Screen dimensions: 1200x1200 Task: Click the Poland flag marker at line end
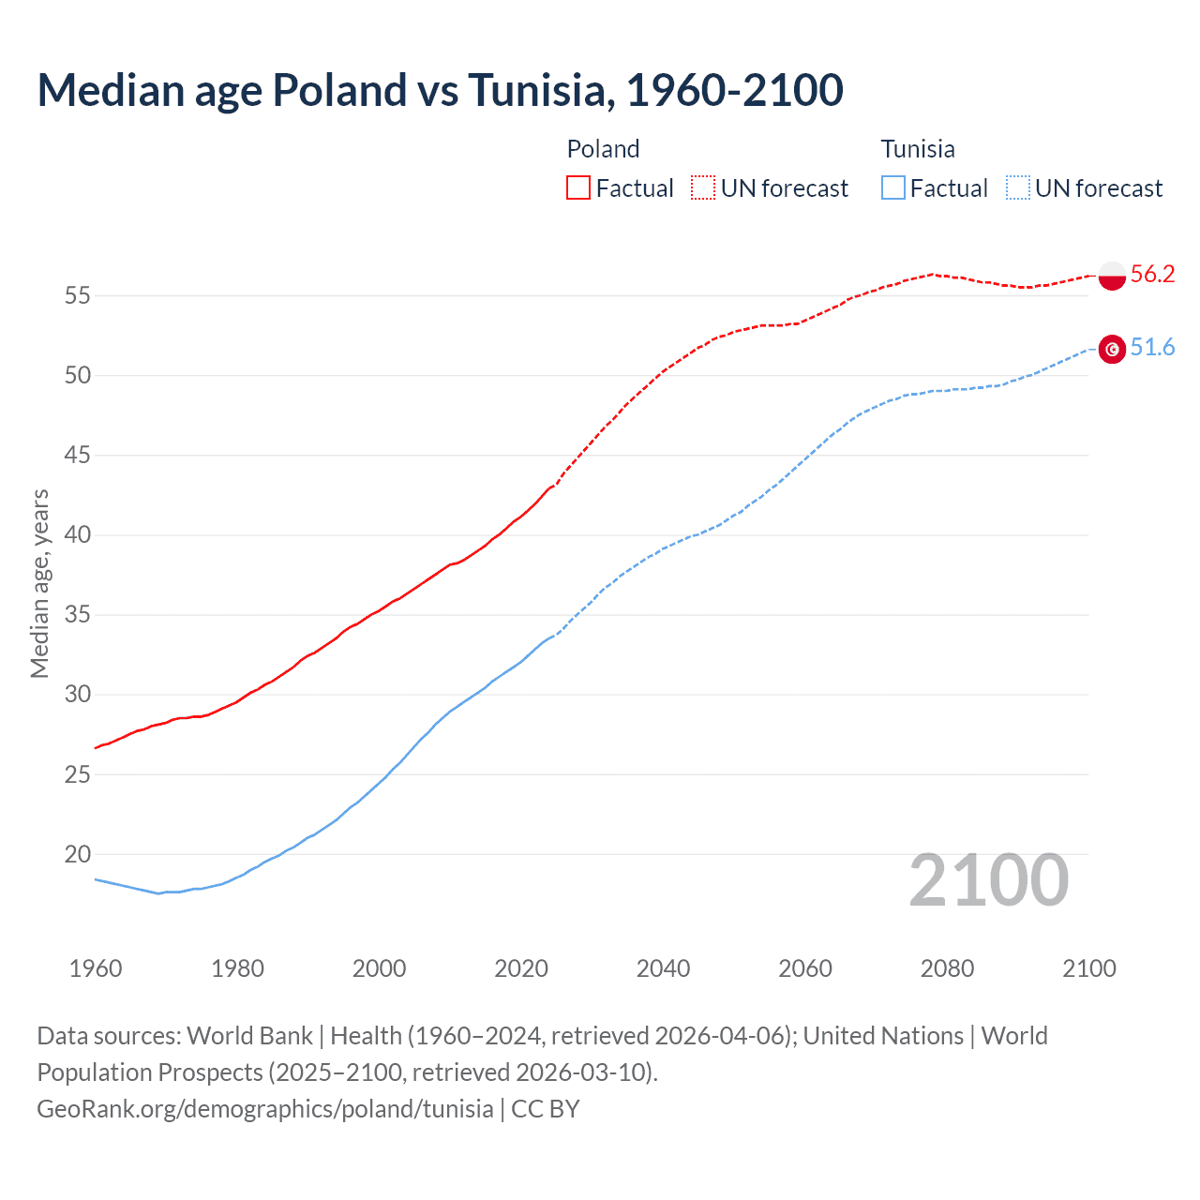[x=1112, y=276]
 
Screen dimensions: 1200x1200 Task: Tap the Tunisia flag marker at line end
[x=1112, y=350]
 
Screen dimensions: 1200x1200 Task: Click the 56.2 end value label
[x=1152, y=274]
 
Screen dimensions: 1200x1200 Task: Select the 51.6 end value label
[x=1152, y=348]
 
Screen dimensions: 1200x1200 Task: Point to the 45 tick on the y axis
[x=77, y=456]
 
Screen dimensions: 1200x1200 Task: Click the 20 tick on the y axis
[x=77, y=854]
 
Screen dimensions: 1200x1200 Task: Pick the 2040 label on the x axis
[x=663, y=968]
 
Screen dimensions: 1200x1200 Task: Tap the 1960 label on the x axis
[x=95, y=968]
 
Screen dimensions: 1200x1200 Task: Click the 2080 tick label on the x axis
[x=947, y=968]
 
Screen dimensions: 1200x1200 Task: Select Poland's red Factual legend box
[x=578, y=188]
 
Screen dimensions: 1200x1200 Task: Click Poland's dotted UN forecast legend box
[x=703, y=188]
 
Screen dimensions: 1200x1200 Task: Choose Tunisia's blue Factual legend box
[x=892, y=188]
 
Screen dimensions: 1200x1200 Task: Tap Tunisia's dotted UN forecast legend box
[x=1017, y=188]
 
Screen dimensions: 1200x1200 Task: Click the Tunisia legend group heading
[x=917, y=149]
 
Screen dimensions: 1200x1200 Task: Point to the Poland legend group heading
[x=603, y=149]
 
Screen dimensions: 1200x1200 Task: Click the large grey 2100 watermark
[x=988, y=880]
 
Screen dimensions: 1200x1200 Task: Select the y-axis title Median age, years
[x=39, y=583]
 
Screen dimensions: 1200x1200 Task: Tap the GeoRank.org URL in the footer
[x=265, y=1108]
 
